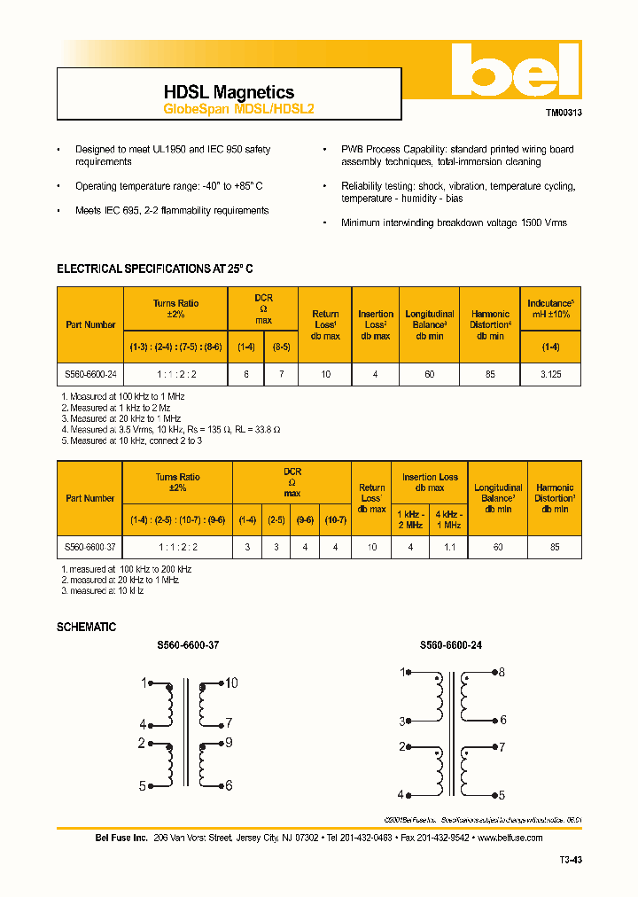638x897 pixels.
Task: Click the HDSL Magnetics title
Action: pos(229,92)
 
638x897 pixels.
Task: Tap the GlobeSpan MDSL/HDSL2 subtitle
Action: pos(238,110)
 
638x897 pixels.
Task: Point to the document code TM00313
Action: pos(563,113)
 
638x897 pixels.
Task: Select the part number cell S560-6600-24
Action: pos(90,375)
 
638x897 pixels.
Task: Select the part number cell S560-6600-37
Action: pos(90,548)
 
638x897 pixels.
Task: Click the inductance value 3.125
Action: pos(550,375)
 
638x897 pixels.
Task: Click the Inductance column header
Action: pos(550,308)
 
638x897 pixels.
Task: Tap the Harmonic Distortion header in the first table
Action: pos(490,324)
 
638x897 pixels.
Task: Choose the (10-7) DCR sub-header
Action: pos(336,519)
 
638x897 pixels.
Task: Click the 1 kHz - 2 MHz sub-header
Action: pos(410,519)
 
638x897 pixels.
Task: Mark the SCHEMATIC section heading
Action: pos(86,627)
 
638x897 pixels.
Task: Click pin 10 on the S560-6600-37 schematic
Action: pos(230,682)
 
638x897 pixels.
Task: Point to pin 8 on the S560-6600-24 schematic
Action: pos(502,673)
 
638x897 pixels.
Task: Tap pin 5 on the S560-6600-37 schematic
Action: pos(142,785)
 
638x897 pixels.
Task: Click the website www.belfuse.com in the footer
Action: pos(516,838)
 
